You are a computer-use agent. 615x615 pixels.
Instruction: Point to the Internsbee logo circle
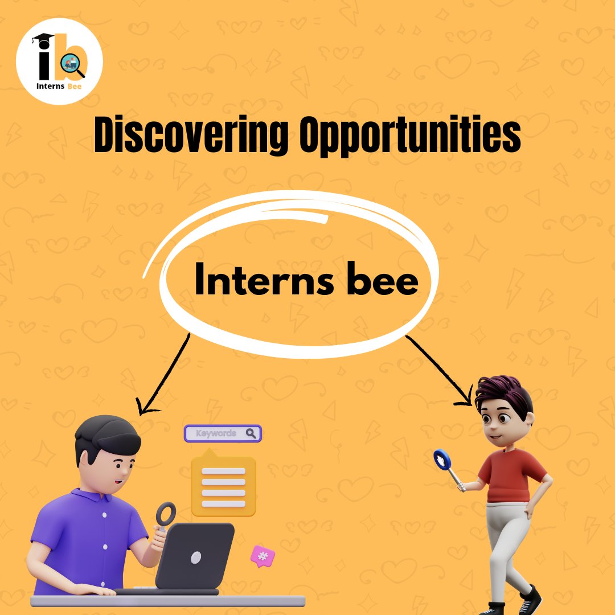pyautogui.click(x=59, y=61)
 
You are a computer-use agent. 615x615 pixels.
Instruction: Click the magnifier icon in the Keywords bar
pyautogui.click(x=251, y=433)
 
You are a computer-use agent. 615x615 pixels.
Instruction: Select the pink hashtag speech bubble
pyautogui.click(x=263, y=556)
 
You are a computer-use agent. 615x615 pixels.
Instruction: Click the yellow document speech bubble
pyautogui.click(x=223, y=484)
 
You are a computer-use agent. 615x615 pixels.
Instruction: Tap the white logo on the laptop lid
pyautogui.click(x=196, y=557)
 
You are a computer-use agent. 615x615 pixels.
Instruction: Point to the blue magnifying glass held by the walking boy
pyautogui.click(x=442, y=459)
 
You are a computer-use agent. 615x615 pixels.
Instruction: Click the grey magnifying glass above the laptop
pyautogui.click(x=166, y=514)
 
